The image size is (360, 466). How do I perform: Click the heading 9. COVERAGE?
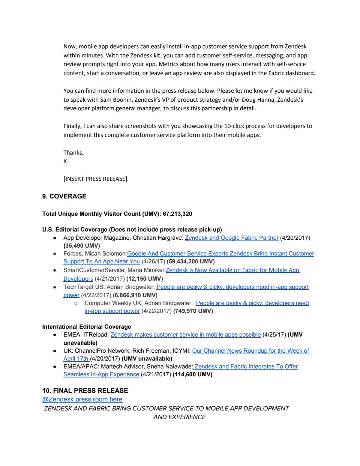(x=64, y=196)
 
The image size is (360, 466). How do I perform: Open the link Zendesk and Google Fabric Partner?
(x=231, y=238)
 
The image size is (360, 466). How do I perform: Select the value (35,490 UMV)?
(x=82, y=246)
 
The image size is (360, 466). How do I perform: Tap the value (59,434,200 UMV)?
(x=190, y=262)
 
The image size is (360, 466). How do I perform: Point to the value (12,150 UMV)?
(x=145, y=279)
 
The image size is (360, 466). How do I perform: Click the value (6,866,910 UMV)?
(x=135, y=295)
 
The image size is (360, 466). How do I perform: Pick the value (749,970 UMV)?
(x=193, y=311)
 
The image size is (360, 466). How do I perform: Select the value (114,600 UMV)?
(x=192, y=374)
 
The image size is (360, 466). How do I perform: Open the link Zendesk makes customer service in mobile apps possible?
(x=185, y=334)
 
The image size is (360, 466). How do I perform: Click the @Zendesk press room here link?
(x=82, y=399)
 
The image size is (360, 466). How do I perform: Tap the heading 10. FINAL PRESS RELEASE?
(x=85, y=391)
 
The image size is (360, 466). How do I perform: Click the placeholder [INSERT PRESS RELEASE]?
(x=95, y=179)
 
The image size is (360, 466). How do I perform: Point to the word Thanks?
(x=73, y=152)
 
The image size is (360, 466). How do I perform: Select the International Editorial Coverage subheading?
(x=87, y=326)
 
